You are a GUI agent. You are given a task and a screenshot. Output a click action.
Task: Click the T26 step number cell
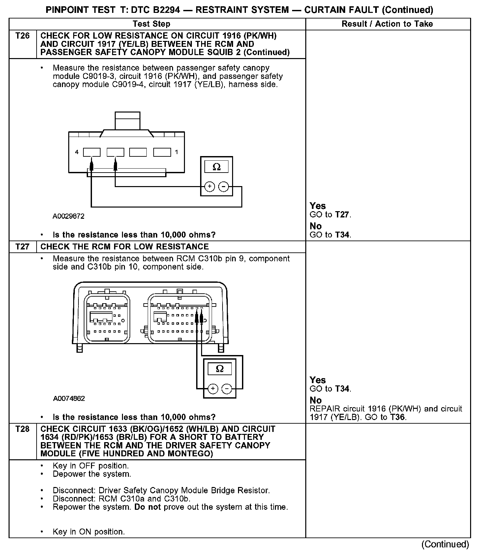[x=22, y=36]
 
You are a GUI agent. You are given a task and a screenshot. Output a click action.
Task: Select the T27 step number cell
[x=22, y=247]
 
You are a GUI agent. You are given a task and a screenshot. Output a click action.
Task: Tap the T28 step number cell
[x=22, y=429]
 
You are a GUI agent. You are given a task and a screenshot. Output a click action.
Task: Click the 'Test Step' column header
[x=151, y=24]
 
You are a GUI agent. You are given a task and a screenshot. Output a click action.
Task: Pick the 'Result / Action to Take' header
[x=387, y=24]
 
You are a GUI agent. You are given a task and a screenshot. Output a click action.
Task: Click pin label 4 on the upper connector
[x=77, y=152]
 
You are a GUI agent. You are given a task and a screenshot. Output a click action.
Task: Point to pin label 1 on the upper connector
[x=177, y=152]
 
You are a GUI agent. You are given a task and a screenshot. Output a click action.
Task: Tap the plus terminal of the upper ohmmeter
[x=210, y=187]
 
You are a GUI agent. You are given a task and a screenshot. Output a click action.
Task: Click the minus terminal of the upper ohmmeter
[x=224, y=187]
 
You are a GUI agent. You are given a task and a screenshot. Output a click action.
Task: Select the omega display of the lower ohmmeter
[x=220, y=369]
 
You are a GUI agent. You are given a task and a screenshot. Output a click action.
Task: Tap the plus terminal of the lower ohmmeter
[x=213, y=389]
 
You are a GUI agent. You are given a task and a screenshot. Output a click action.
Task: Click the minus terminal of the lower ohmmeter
[x=227, y=389]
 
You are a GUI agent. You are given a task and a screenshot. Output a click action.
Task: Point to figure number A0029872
[x=69, y=216]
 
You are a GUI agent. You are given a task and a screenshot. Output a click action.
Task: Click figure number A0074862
[x=69, y=399]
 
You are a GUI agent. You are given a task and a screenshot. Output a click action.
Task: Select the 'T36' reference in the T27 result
[x=397, y=417]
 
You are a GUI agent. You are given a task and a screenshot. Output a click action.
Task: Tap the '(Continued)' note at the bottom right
[x=445, y=544]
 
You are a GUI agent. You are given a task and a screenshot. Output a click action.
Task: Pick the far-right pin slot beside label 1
[x=162, y=152]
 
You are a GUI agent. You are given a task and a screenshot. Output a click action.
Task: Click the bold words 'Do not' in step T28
[x=148, y=507]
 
